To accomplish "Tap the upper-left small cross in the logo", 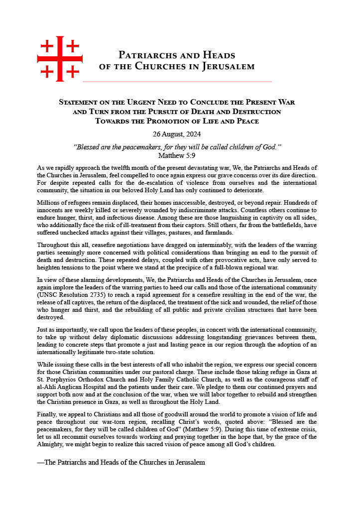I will click(47, 46).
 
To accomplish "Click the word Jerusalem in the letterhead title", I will click(228, 66).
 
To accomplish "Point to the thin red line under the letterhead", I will click(177, 81).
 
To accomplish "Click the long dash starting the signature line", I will click(41, 462).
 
